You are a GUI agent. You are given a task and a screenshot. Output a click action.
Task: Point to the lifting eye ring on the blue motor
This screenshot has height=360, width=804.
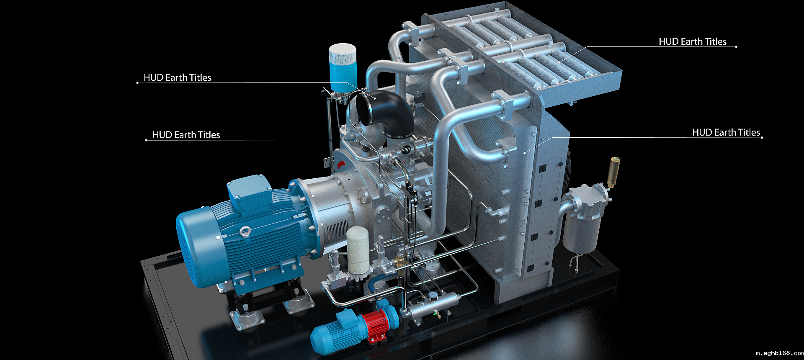245,231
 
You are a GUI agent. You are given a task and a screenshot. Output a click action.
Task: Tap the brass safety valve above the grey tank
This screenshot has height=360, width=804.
614,172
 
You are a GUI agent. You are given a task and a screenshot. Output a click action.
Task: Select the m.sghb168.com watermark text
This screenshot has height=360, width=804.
779,353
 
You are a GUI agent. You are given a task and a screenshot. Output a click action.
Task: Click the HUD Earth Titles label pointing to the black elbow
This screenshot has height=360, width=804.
177,77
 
